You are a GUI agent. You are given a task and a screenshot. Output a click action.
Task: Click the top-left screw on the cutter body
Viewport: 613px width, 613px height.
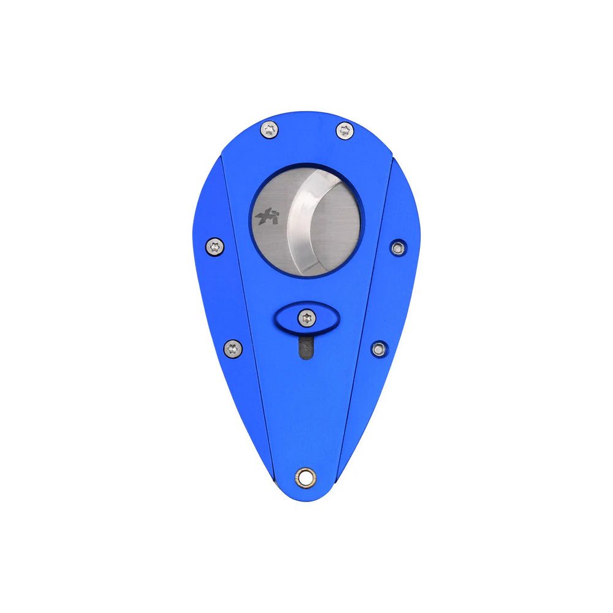[x=269, y=129]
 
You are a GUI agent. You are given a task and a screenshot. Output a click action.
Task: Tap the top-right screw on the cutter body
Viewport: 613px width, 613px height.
[x=345, y=130]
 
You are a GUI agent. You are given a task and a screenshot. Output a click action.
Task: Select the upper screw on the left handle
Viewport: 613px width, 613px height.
[x=215, y=246]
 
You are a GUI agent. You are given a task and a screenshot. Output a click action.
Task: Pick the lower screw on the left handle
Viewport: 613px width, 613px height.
[x=232, y=348]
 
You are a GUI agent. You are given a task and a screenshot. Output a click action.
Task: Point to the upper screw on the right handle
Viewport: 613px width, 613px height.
[x=398, y=247]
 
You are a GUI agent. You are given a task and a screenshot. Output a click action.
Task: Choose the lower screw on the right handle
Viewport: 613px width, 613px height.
[x=379, y=349]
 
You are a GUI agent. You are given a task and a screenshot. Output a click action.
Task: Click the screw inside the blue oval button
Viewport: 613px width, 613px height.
[x=306, y=318]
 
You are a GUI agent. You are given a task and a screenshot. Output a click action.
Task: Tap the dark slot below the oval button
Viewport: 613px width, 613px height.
[x=305, y=348]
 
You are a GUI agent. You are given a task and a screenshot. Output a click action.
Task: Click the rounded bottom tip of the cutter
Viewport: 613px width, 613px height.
[x=306, y=495]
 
